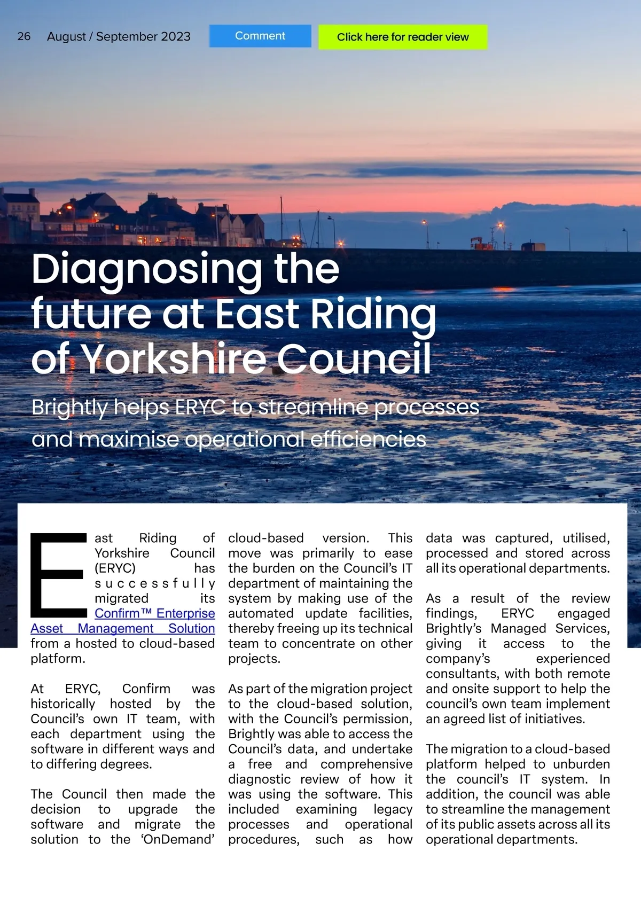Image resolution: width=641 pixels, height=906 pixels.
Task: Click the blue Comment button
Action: tap(260, 36)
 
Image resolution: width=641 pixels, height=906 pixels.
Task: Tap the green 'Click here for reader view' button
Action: tap(403, 37)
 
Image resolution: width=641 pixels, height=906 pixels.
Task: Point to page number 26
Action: tap(24, 36)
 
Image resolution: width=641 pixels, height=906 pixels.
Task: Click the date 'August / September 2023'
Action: tap(119, 36)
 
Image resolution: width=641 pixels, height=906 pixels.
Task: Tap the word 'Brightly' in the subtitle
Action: tap(69, 408)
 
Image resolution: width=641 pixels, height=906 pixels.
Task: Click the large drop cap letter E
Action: tap(58, 574)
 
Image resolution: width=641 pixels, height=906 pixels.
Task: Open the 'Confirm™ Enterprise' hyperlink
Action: tap(155, 613)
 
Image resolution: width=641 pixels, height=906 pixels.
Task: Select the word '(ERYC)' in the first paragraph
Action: tap(115, 568)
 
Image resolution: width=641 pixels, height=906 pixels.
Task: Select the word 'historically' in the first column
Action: tap(63, 704)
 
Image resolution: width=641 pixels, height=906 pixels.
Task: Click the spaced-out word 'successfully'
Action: tap(155, 583)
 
